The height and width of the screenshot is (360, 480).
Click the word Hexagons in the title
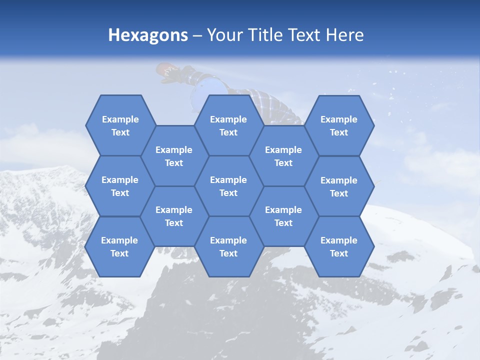pos(148,35)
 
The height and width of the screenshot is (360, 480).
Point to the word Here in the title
pos(344,35)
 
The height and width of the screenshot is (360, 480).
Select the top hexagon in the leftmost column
pos(120,125)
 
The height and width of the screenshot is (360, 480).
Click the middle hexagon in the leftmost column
pos(120,186)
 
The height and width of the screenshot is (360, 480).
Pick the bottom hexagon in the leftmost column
pos(119,246)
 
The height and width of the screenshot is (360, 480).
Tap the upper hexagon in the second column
pos(174,156)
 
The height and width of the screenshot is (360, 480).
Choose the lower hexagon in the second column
pos(174,216)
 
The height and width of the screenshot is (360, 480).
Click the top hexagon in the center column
pos(228,125)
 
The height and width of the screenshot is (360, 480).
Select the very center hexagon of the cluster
pos(228,186)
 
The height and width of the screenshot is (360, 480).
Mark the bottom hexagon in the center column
pos(228,246)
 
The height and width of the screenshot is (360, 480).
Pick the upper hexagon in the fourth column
pos(283,156)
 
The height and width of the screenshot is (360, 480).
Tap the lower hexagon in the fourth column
pos(283,216)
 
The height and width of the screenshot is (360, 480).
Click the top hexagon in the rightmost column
pos(339,125)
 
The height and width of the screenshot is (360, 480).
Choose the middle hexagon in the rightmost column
pos(339,186)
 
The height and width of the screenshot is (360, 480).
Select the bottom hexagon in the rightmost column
pos(339,246)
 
